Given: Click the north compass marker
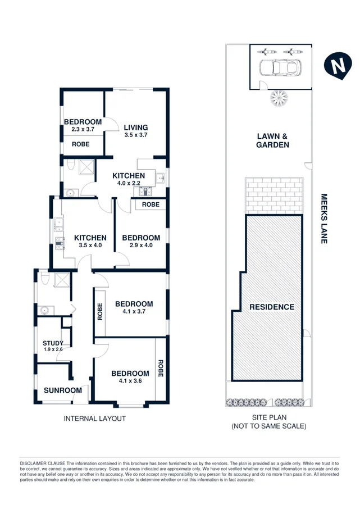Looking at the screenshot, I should coord(336,66).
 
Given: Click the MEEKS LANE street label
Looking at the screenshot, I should coord(323,219).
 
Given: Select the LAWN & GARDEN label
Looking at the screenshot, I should coord(273,140).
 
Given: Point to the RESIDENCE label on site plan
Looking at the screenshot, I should coord(272,307).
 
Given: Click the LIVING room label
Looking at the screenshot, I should coord(135,127).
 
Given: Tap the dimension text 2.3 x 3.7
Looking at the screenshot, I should coord(82,130).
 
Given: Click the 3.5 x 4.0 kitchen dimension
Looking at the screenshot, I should coord(90,245).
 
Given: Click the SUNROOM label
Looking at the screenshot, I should coord(63,390).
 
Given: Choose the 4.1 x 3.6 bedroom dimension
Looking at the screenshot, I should coord(130,381).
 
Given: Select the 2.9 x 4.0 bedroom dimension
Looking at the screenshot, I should coord(141,245).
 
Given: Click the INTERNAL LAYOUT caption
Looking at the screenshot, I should coord(94,419).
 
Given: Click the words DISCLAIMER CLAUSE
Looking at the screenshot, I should coord(42,460).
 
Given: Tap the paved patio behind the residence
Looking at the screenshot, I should coord(275,195).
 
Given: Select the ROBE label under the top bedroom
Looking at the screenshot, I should coord(82,144).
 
